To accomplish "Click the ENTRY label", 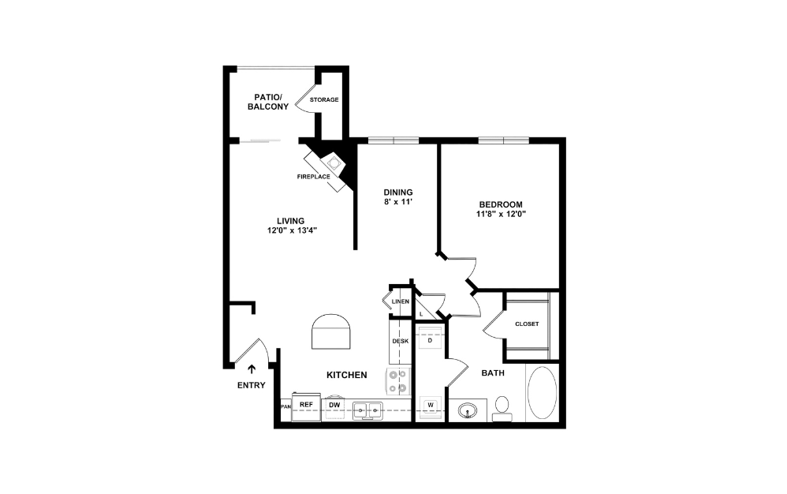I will (x=252, y=385).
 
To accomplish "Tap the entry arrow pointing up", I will (x=252, y=369).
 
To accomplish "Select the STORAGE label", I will (x=324, y=99).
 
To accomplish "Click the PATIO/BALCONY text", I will (x=268, y=101).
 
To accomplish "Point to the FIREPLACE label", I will (x=313, y=176).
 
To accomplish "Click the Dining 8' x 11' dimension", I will (x=398, y=202).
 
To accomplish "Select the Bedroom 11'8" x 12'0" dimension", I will (x=501, y=213).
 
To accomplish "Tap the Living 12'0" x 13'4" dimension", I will (x=291, y=230).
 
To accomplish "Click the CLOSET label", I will (x=526, y=324).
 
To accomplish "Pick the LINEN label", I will (x=400, y=301).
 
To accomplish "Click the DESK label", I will (x=400, y=341).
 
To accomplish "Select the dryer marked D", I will (x=431, y=340).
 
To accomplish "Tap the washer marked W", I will (x=431, y=406).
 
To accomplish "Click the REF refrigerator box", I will (x=306, y=405).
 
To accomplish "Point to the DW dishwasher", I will (x=334, y=405).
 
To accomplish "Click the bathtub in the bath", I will (x=541, y=392).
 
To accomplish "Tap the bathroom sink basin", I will (x=466, y=410).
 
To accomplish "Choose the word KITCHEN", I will (x=347, y=375).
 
